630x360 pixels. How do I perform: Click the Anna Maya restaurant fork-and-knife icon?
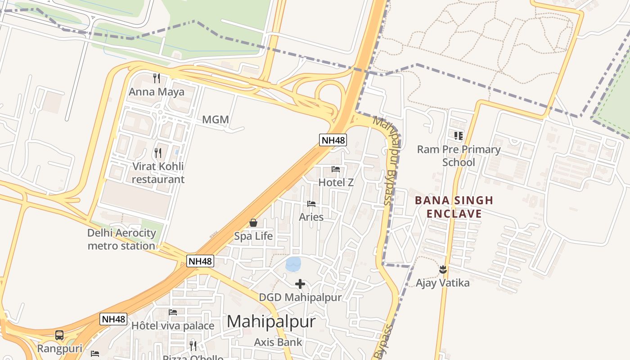tap(157, 78)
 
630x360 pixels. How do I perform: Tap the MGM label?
tap(216, 120)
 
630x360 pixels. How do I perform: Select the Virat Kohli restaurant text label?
tap(158, 173)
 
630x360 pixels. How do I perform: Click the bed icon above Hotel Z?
tap(336, 169)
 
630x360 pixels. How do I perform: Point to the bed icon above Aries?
tap(311, 204)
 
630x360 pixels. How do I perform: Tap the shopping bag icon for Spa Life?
tap(253, 223)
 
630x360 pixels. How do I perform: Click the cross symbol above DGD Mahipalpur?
tap(300, 284)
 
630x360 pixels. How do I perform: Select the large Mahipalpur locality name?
tap(271, 322)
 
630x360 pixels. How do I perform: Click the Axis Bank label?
tap(278, 342)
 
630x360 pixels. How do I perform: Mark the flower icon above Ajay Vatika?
tap(443, 270)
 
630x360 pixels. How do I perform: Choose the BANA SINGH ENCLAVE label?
tap(454, 207)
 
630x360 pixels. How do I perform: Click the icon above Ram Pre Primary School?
tap(459, 135)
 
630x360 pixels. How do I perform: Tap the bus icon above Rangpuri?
tap(59, 335)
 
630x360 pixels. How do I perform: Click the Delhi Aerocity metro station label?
tap(121, 239)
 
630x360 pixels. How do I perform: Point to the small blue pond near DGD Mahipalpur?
tap(293, 264)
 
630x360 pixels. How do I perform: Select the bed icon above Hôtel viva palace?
tap(173, 312)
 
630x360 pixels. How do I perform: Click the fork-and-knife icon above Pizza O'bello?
tap(193, 346)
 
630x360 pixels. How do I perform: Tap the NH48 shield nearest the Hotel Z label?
tap(333, 140)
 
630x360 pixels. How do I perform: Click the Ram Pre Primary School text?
tap(459, 156)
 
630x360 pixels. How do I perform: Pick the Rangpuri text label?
tap(59, 349)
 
